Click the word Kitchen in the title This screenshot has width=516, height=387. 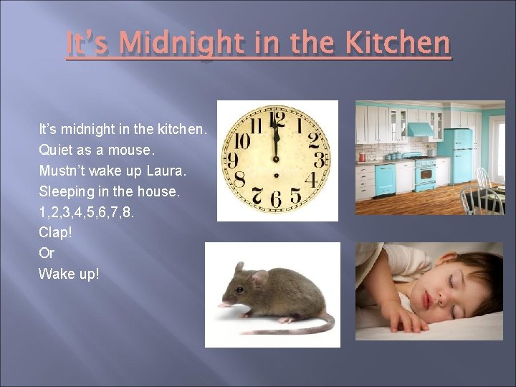click(398, 43)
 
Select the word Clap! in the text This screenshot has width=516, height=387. click(54, 232)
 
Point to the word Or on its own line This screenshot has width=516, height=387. click(47, 253)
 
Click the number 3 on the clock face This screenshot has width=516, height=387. click(317, 160)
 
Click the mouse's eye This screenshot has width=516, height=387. click(241, 285)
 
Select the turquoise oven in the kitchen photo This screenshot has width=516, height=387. click(426, 176)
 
